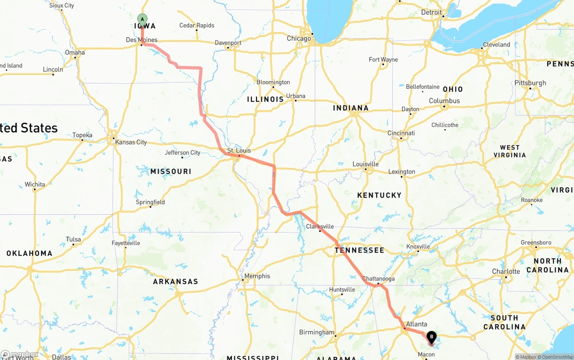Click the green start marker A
coord(142,19)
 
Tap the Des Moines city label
coord(142,40)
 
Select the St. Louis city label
coord(239,151)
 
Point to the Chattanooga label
coord(378,278)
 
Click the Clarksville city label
coord(320,226)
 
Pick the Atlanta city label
coord(416,324)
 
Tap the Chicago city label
coord(299,39)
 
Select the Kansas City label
coord(131,142)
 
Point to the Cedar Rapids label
coord(197,26)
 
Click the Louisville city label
coord(365,164)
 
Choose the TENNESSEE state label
coord(359,250)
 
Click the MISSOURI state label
coord(170,171)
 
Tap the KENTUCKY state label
coord(379,195)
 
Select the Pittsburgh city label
coord(531,83)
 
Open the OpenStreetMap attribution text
coord(556,357)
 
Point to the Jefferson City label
coord(183,152)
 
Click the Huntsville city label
coord(342,290)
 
